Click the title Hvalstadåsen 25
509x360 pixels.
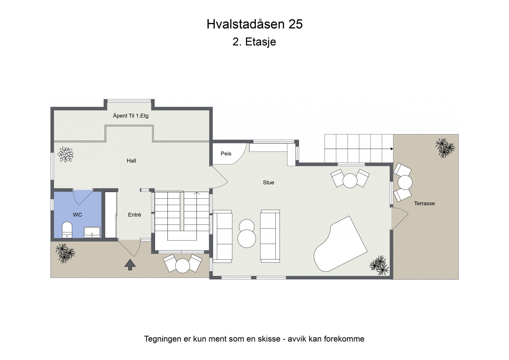pyautogui.click(x=254, y=24)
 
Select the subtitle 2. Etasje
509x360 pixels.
pyautogui.click(x=254, y=42)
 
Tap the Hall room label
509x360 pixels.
pyautogui.click(x=131, y=161)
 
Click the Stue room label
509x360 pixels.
pyautogui.click(x=268, y=182)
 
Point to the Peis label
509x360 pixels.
pyautogui.click(x=226, y=153)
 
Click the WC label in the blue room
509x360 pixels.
pyautogui.click(x=77, y=215)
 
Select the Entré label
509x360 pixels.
pyautogui.click(x=135, y=215)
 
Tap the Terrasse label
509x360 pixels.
pyautogui.click(x=424, y=203)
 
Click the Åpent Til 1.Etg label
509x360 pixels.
pyautogui.click(x=131, y=116)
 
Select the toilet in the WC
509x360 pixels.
pyautogui.click(x=67, y=229)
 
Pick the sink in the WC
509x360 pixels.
pyautogui.click(x=92, y=232)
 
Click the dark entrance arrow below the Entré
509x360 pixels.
pyautogui.click(x=130, y=265)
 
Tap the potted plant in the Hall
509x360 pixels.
pyautogui.click(x=66, y=155)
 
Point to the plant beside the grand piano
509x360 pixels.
pyautogui.click(x=379, y=265)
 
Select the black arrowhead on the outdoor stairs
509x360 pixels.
pyautogui.click(x=392, y=149)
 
